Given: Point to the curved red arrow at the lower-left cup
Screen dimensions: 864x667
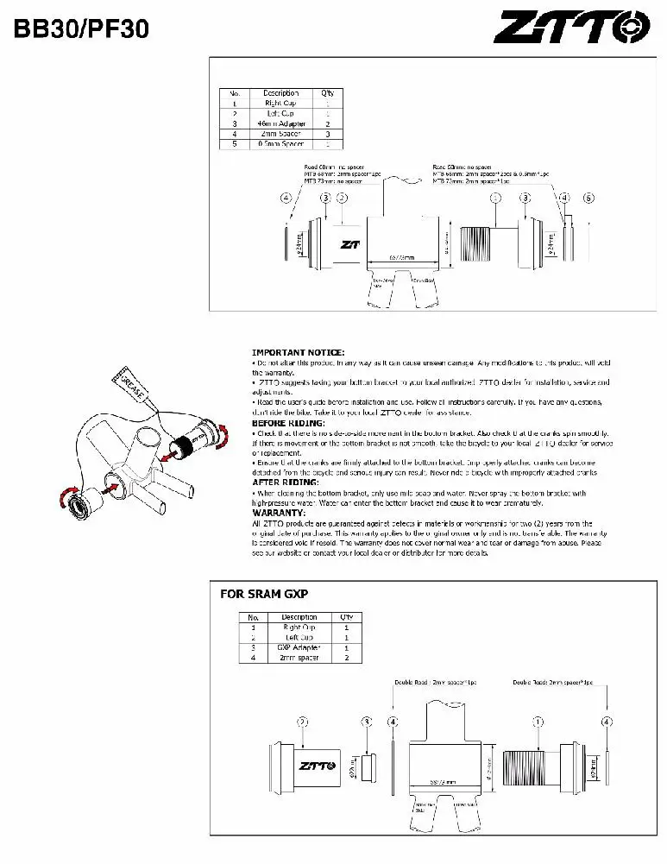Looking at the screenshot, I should [x=66, y=498].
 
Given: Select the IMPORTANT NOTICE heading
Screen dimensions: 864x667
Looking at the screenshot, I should [x=298, y=352].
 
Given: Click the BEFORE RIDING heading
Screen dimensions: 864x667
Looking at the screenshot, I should [x=288, y=423].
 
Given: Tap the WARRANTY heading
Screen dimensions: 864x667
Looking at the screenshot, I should [x=280, y=514].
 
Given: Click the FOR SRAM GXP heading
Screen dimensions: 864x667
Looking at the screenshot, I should [x=264, y=594].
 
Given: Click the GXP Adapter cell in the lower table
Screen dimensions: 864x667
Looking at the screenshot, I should [x=299, y=647].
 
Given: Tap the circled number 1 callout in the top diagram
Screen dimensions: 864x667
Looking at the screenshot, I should [x=495, y=198].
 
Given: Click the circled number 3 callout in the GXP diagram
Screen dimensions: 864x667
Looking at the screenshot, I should [x=367, y=721].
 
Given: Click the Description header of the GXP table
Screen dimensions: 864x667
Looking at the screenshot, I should [x=299, y=617].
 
